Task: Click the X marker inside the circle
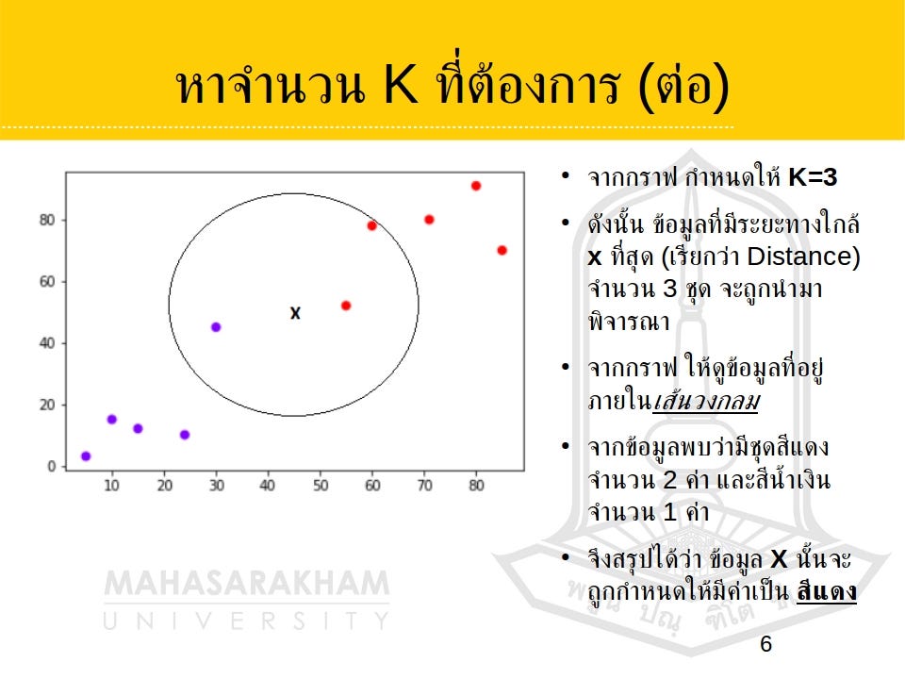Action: (x=295, y=313)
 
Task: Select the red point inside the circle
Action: (x=346, y=306)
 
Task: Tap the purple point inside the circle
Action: (x=216, y=327)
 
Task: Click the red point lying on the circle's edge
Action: (x=371, y=225)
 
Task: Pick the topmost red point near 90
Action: (x=476, y=186)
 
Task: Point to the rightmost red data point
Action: (x=502, y=250)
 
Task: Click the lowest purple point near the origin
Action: (x=86, y=456)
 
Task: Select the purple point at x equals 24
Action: (x=185, y=435)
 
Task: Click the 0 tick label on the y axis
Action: (x=51, y=467)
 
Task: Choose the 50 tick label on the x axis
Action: (x=321, y=486)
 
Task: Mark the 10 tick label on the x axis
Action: (x=111, y=486)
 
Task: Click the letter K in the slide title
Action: (x=401, y=87)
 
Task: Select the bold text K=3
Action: (x=813, y=177)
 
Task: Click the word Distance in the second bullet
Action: (x=802, y=257)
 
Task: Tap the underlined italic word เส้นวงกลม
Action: (x=706, y=402)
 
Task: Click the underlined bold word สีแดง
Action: (x=826, y=592)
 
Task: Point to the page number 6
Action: (x=765, y=644)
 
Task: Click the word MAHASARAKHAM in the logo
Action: (x=246, y=584)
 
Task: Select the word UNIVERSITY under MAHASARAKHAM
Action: (x=246, y=621)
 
